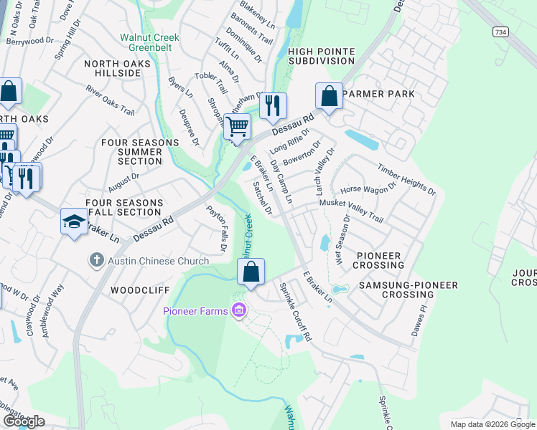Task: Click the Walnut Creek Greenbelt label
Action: click(x=149, y=42)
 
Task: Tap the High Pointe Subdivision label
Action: click(x=322, y=56)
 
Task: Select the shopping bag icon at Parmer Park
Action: click(x=329, y=96)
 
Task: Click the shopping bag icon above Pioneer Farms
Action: click(x=251, y=272)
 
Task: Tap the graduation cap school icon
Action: click(x=74, y=222)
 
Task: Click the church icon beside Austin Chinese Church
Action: click(x=97, y=261)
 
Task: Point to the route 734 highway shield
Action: click(x=500, y=33)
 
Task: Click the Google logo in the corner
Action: click(x=24, y=421)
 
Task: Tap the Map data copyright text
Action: click(x=492, y=424)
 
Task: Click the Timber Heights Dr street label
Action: click(x=407, y=179)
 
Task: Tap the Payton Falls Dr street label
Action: click(x=216, y=228)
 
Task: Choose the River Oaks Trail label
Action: click(x=110, y=100)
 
